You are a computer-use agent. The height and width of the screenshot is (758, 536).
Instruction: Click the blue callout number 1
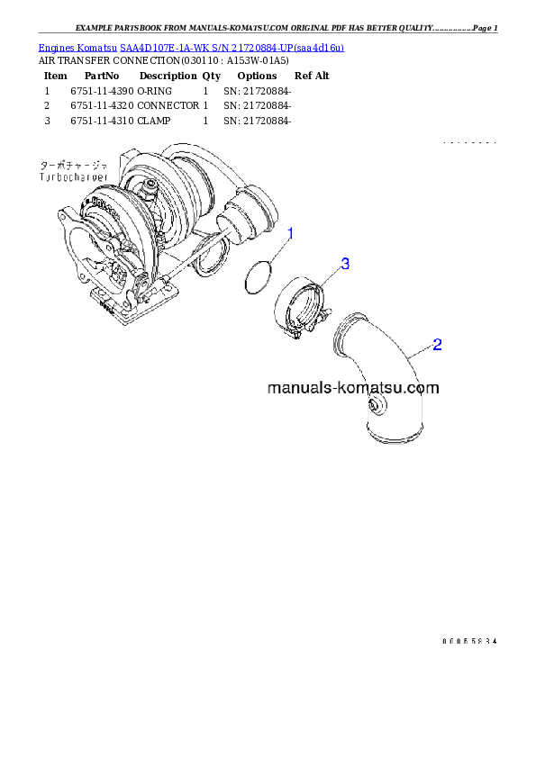(x=290, y=234)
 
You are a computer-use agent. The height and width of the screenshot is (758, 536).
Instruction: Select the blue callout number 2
(x=437, y=344)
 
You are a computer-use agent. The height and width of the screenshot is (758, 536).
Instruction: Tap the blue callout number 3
(x=344, y=264)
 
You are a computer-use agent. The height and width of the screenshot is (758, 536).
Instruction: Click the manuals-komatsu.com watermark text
(x=353, y=389)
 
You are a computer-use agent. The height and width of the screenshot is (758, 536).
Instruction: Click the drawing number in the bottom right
(x=469, y=641)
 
